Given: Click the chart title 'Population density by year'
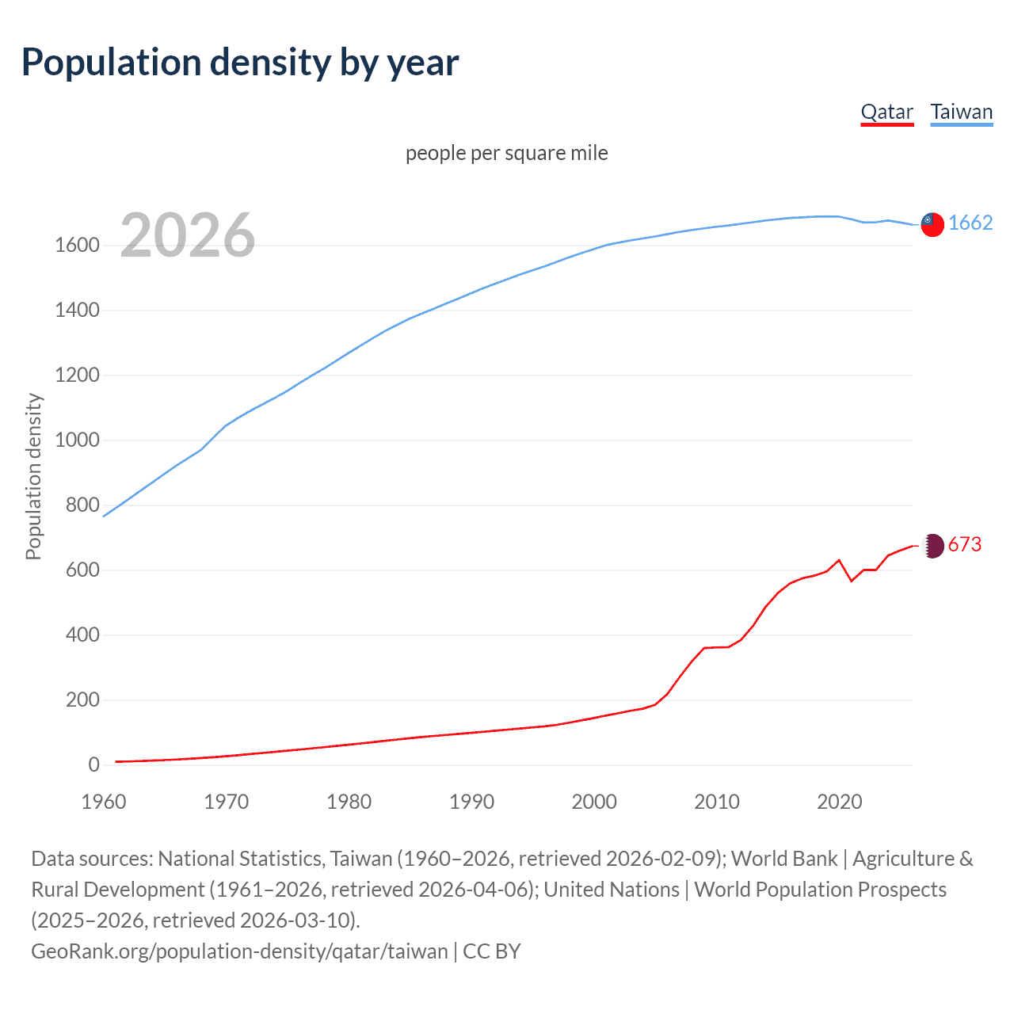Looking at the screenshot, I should pos(240,63).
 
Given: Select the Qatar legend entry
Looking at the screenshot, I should pos(886,112).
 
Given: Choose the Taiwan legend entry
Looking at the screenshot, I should pos(961,112).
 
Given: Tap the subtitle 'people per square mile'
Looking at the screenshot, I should pos(506,153).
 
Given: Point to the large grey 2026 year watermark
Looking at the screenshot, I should pos(188,235).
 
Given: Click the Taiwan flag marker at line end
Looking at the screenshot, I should pos(932,224).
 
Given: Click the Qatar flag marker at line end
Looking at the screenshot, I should pos(933,546).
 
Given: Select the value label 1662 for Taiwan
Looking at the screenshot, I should pos(970,223).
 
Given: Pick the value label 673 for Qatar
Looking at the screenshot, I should pos(964,545).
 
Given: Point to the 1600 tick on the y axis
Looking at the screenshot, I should pos(77,246).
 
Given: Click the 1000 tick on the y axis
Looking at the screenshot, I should pos(77,440).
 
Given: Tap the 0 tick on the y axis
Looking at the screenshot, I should pos(93,765).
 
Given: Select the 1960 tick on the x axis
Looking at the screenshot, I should pos(104,802).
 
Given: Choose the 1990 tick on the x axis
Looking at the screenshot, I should pos(471,802).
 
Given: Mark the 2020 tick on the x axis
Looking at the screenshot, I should pos(839,802).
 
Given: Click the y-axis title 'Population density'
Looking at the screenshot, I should pos(33,477).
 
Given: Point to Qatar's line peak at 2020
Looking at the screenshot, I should pos(839,560).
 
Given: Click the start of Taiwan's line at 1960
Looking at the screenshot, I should pos(105,516).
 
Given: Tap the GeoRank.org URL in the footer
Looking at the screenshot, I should pos(239,951).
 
